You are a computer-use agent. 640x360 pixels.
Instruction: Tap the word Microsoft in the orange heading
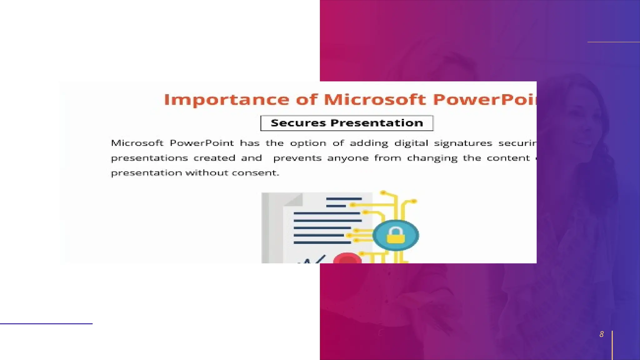click(375, 100)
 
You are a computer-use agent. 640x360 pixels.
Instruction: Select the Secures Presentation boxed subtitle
click(347, 123)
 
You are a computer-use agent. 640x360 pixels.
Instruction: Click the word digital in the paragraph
click(411, 143)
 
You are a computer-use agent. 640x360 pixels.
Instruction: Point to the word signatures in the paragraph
click(463, 143)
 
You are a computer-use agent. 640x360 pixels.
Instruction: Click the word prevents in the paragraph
click(297, 158)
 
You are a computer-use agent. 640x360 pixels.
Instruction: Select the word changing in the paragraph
click(432, 158)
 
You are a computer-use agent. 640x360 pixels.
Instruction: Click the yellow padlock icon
click(396, 236)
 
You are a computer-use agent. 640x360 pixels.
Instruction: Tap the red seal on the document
click(347, 259)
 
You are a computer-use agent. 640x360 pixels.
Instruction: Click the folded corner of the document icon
click(293, 200)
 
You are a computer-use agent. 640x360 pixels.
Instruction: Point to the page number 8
click(601, 334)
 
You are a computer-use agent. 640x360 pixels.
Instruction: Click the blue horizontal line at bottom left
click(46, 324)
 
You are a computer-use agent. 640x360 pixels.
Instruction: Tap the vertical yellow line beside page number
click(612, 345)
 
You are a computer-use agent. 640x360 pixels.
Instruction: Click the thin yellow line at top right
click(613, 42)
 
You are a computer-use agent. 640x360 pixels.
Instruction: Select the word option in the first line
click(308, 143)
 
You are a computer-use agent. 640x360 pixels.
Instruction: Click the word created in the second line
click(214, 158)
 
